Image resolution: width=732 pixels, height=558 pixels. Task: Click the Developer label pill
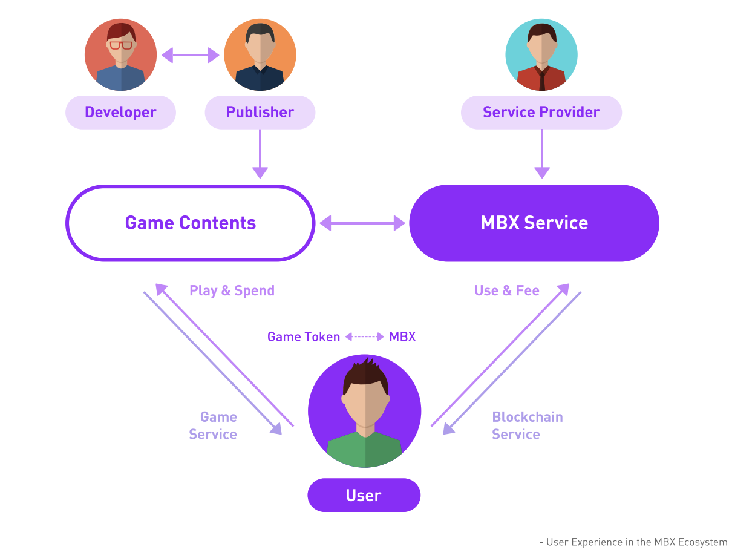point(120,113)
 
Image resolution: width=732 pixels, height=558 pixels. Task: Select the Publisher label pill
point(260,113)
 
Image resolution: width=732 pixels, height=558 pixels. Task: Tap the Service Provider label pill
point(541,113)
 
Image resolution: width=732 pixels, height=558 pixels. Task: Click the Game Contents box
point(190,223)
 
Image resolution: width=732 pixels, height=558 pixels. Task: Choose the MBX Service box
point(534,223)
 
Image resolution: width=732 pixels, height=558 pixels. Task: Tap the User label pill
point(364,495)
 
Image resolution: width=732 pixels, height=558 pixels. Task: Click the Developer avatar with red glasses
point(120,55)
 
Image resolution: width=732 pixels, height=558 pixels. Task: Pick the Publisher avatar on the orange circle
point(260,55)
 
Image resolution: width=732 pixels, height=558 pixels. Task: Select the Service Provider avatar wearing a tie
point(541,55)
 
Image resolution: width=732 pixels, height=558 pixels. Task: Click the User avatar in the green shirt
point(365,412)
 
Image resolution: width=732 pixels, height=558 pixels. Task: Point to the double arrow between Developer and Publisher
point(190,56)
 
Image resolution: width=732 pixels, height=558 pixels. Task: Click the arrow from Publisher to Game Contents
point(260,154)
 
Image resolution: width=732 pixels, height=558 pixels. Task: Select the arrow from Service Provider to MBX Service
point(542,154)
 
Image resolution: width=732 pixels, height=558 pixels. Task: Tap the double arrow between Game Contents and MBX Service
point(362,223)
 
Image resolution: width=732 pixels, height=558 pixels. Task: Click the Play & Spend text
point(232,290)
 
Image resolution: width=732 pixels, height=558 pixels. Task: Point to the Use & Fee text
point(506,290)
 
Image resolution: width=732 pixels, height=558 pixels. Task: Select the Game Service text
point(213,425)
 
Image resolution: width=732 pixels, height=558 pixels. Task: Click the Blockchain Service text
point(527,425)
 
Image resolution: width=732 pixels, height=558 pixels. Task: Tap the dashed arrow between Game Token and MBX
point(365,336)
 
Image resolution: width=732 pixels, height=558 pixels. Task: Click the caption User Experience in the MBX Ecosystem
point(636,542)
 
